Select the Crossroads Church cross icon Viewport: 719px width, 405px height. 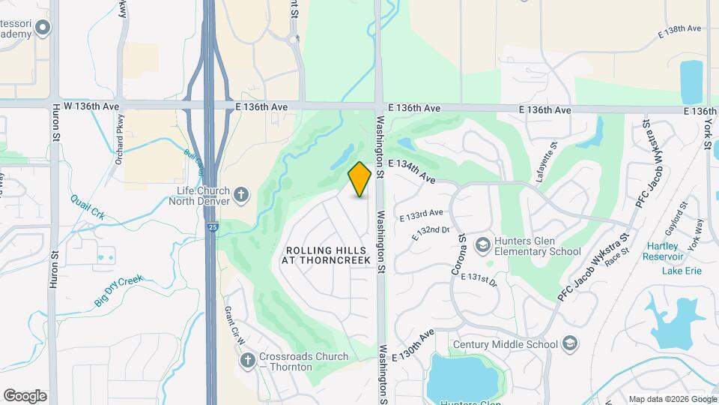(247, 361)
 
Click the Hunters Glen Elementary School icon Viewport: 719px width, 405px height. (483, 245)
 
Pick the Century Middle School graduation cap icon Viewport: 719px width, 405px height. (570, 344)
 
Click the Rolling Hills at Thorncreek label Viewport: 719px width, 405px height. (326, 255)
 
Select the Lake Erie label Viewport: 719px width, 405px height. (682, 271)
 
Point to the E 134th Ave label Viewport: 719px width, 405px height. (412, 171)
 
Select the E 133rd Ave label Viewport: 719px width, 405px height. (422, 216)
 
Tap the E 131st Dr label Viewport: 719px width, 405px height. (479, 278)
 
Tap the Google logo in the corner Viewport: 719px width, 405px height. (25, 396)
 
